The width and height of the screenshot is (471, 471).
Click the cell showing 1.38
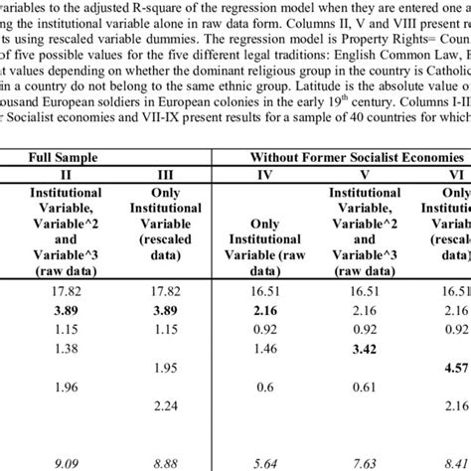pos(64,350)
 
